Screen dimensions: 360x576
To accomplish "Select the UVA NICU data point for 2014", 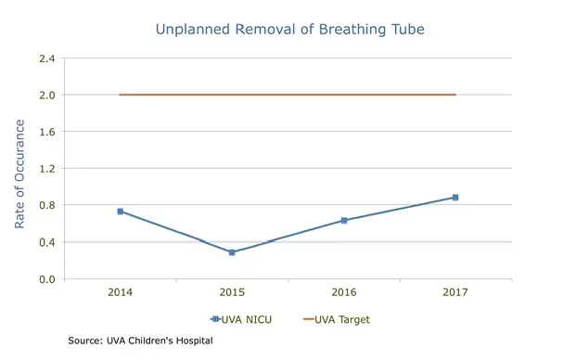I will tap(121, 212).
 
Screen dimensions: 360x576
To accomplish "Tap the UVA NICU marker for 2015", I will tap(232, 252).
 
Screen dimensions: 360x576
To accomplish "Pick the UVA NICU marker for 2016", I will tap(344, 221).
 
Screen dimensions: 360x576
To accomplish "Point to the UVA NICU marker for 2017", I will tap(455, 198).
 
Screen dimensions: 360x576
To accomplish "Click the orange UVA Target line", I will tap(288, 95).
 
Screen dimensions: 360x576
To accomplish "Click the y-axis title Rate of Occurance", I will tap(19, 168).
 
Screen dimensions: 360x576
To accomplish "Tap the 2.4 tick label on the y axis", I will tap(46, 58).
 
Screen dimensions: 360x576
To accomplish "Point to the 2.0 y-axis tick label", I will tap(46, 95).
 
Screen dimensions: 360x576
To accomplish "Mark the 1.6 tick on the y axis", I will tap(46, 132).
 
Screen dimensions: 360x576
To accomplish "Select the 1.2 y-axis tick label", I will tap(46, 169).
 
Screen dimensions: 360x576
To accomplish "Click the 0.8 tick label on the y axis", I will tap(46, 205).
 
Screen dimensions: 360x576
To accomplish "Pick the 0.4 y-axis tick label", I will tap(46, 242).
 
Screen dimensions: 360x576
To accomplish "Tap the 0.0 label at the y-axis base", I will tap(46, 279).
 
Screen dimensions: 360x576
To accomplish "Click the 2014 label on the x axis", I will tap(121, 292).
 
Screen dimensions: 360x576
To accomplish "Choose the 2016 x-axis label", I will tap(344, 292).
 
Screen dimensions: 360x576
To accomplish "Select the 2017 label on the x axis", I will tap(455, 292).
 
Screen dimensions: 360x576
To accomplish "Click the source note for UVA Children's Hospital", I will tap(140, 341).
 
